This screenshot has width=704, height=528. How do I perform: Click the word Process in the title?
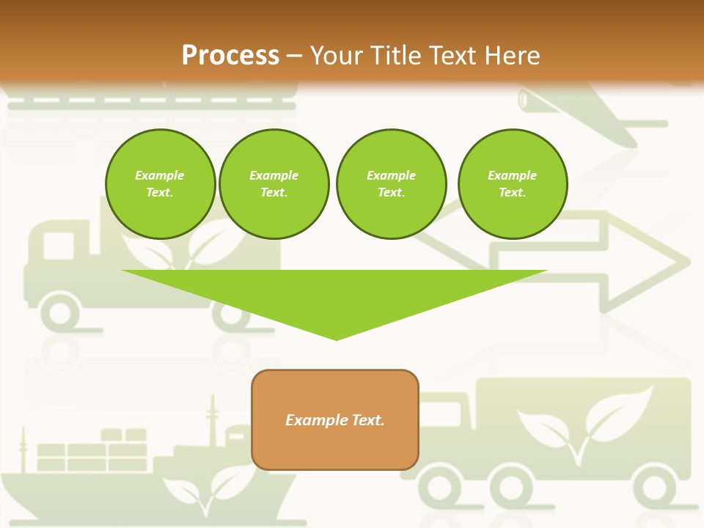coord(230,56)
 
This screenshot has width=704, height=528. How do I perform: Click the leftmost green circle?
coord(160,184)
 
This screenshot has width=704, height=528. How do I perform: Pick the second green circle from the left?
coord(274,184)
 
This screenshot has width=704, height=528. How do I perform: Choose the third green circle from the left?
coord(391,184)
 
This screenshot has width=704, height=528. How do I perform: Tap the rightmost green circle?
coord(512,184)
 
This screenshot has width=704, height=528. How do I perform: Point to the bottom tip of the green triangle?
coord(336,339)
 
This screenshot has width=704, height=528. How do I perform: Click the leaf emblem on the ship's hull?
coord(205,488)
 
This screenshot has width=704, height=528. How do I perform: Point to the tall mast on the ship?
coord(213,418)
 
